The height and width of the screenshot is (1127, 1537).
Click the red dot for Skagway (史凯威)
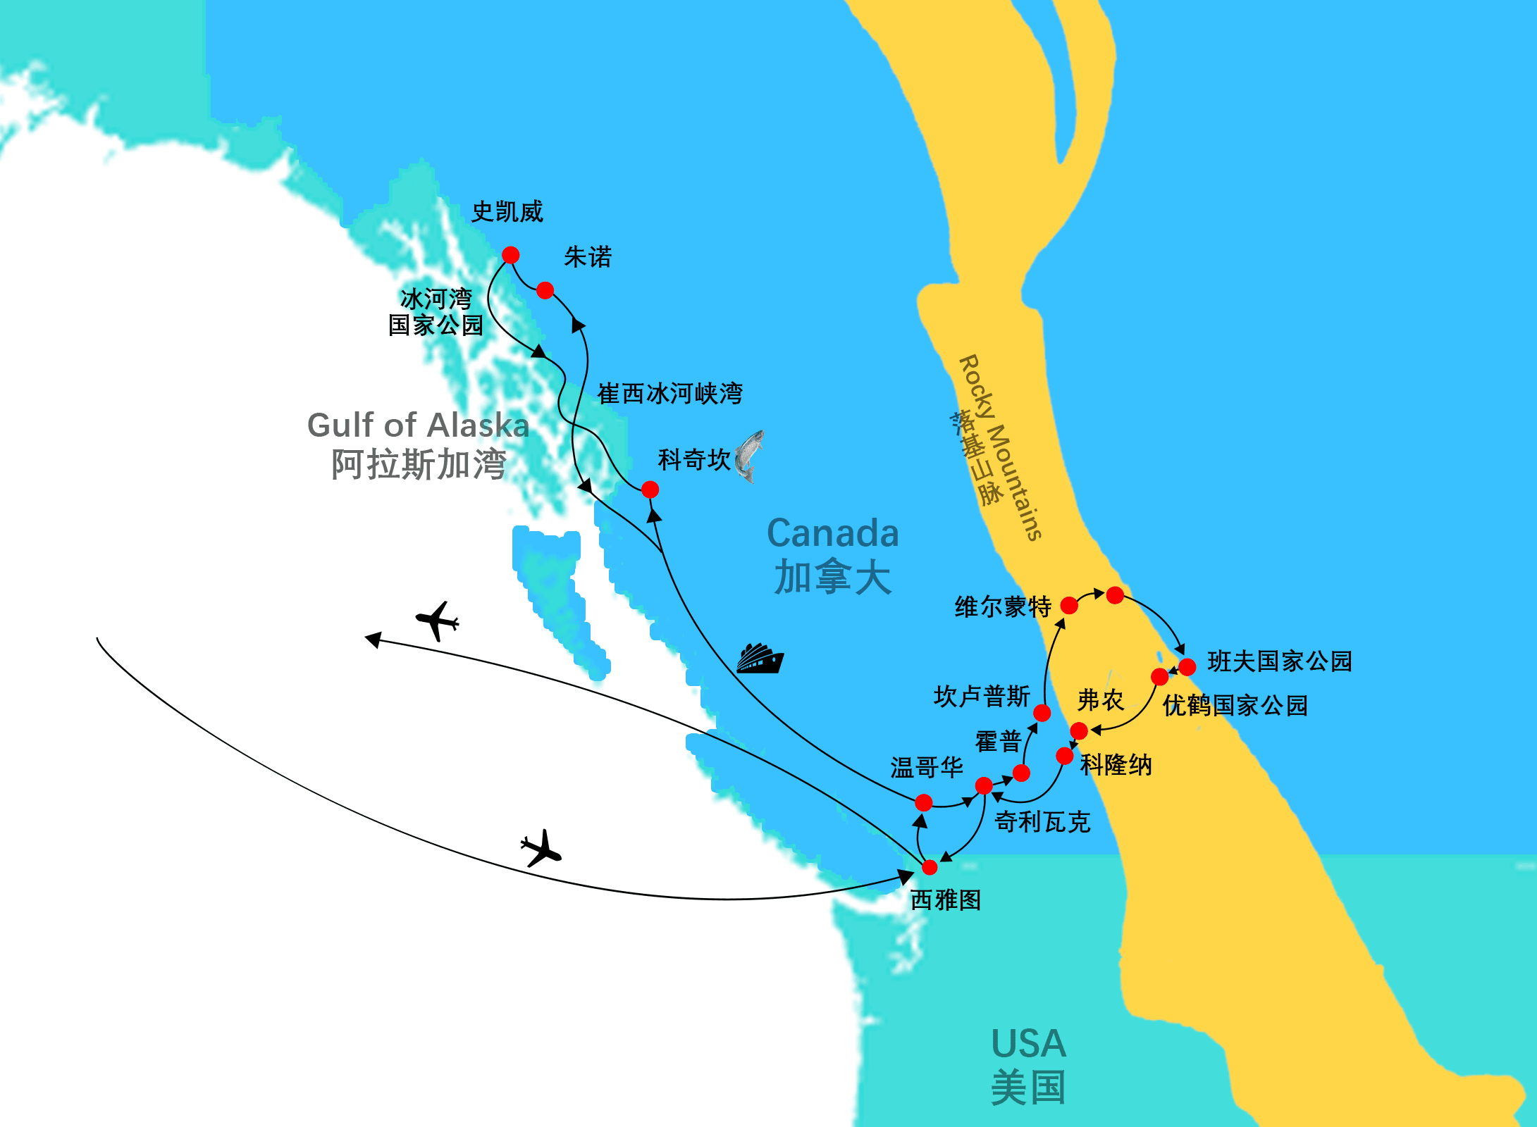tap(511, 255)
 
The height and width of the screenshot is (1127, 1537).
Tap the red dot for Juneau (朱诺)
tap(545, 290)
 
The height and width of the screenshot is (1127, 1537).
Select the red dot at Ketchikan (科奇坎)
tap(650, 490)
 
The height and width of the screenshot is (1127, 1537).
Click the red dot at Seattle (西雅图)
tap(930, 867)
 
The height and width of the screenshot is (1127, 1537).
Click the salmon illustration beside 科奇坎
tap(749, 456)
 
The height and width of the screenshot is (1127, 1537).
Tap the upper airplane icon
tap(438, 621)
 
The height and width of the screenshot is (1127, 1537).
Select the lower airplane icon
tap(541, 848)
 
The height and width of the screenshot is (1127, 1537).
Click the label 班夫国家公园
tap(1279, 661)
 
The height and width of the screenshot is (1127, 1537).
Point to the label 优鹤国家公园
tap(1235, 705)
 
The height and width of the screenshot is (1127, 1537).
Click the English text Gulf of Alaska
tap(418, 425)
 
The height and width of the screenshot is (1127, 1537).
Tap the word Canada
tap(832, 533)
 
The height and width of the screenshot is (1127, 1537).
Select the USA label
tap(1028, 1044)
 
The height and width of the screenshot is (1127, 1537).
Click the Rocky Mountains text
tap(1001, 447)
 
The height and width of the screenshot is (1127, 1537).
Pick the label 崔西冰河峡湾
tap(669, 394)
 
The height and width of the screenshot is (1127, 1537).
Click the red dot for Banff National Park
tap(1187, 666)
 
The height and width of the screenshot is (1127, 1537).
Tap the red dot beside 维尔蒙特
tap(1069, 605)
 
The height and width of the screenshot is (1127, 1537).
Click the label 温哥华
tap(926, 768)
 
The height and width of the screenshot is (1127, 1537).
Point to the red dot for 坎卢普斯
tap(1042, 713)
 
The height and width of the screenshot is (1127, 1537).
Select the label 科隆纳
tap(1116, 765)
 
